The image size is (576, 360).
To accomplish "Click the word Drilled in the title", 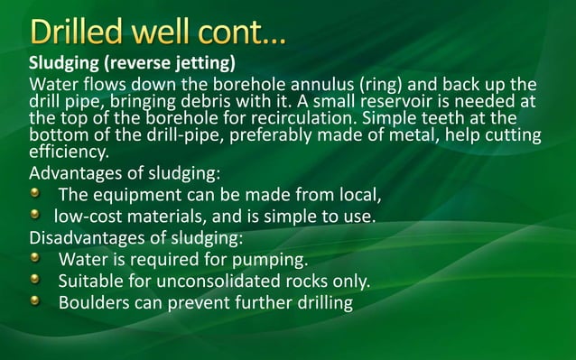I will (82, 32).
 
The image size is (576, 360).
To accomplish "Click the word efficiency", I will (69, 152).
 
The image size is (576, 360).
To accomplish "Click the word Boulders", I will (96, 303).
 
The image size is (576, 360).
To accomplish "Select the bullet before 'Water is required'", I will (35, 260).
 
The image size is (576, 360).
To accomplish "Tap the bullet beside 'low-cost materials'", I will (35, 217).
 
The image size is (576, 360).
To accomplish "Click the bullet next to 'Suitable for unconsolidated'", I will (35, 282).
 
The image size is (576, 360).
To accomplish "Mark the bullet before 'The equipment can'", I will (35, 195).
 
